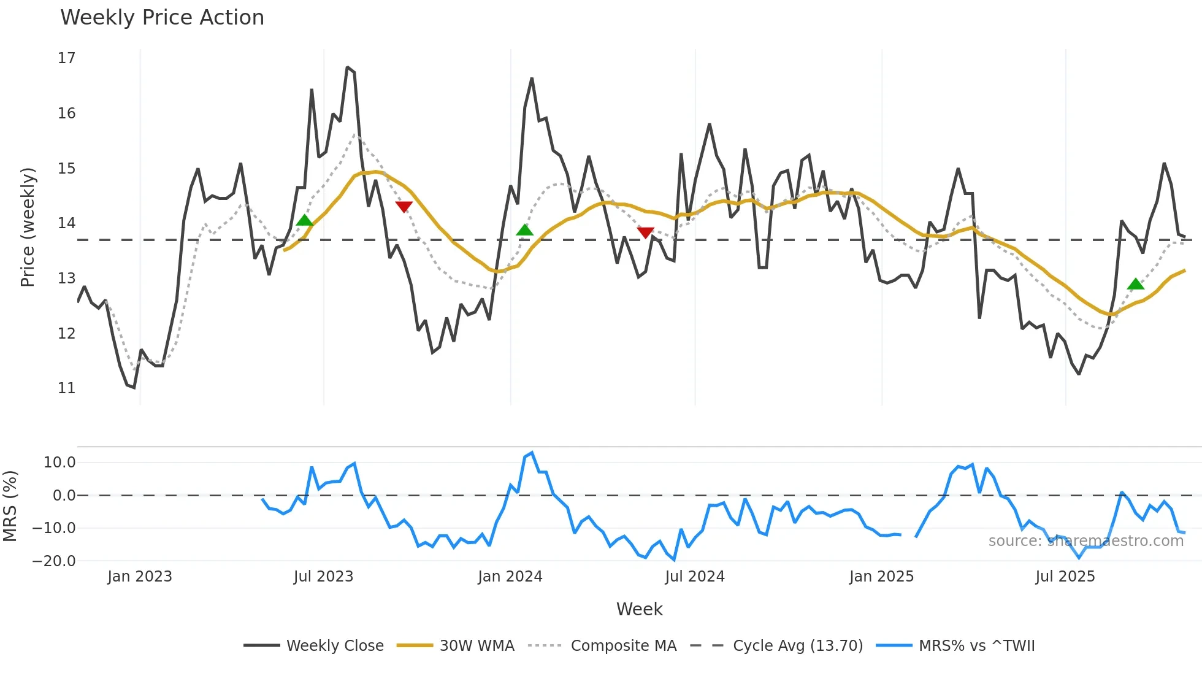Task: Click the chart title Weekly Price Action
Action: click(x=162, y=18)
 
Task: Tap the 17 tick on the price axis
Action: click(x=66, y=58)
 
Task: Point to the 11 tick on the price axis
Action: click(x=66, y=388)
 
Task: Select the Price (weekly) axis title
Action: click(x=28, y=227)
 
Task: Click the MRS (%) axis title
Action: click(x=10, y=506)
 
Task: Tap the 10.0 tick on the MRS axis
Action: click(x=59, y=463)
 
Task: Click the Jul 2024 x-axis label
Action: click(x=694, y=577)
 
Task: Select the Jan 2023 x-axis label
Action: click(x=140, y=577)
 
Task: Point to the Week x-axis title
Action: click(x=639, y=609)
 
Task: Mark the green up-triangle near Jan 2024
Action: click(x=524, y=231)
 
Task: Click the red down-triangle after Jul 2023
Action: click(x=404, y=207)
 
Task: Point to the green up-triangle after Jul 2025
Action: click(x=1135, y=284)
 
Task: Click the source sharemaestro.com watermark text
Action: click(x=1085, y=541)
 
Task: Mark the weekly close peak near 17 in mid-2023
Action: click(x=347, y=67)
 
